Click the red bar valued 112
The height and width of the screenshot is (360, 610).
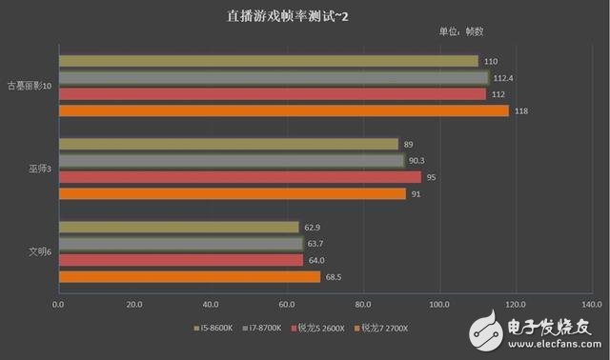[272, 94]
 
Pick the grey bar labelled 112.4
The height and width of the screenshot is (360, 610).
[273, 78]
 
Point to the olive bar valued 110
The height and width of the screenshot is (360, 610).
[268, 61]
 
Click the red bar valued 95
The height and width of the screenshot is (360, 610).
[239, 177]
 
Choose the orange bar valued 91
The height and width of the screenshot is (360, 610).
[232, 194]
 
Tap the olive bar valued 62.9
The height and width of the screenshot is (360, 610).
[178, 227]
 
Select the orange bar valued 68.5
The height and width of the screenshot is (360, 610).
[189, 277]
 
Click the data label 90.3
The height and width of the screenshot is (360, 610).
[422, 161]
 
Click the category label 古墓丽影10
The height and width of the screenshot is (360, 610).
[31, 86]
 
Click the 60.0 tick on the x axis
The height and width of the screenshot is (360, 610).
[287, 306]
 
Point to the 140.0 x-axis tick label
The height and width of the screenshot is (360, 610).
[591, 306]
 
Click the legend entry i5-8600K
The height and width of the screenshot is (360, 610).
[218, 329]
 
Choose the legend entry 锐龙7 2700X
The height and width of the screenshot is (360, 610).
[388, 329]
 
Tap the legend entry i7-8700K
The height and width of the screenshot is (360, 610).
[272, 329]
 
